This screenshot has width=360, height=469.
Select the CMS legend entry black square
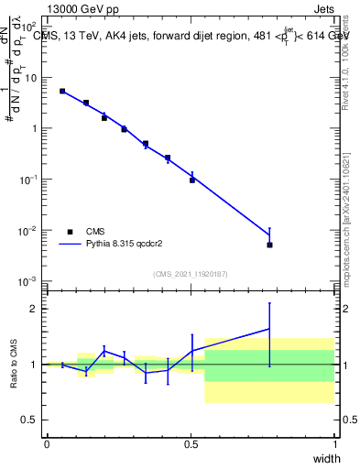coord(70,232)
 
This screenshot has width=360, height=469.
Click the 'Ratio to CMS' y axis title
coord(13,364)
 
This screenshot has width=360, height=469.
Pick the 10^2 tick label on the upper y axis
coord(29,27)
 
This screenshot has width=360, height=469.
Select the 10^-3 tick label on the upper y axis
coord(29,281)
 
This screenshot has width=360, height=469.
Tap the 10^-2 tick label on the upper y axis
coord(29,231)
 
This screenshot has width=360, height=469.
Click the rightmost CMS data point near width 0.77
coord(269,245)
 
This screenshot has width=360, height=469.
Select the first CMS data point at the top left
coord(62,91)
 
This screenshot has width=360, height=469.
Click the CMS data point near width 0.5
coord(192,180)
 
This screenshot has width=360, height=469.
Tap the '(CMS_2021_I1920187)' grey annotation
coord(191,272)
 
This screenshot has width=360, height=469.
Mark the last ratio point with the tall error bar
coord(269,329)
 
